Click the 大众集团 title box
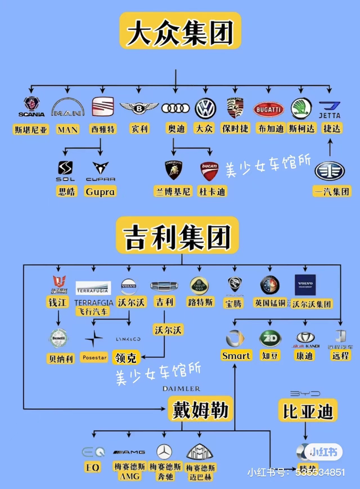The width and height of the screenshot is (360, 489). click(x=180, y=31)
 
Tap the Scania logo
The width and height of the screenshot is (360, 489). click(x=31, y=107)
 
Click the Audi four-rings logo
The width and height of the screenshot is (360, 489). click(x=175, y=108)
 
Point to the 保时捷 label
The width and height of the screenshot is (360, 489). click(x=235, y=129)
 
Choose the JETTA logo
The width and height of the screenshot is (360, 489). click(x=329, y=110)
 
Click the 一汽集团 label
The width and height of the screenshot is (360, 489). click(x=332, y=192)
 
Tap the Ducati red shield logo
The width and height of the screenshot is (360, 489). click(x=209, y=171)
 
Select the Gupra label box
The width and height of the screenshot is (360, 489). click(x=100, y=192)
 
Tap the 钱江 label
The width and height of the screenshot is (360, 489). click(x=57, y=302)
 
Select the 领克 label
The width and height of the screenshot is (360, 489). click(x=125, y=358)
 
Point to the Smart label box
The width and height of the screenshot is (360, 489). click(x=236, y=356)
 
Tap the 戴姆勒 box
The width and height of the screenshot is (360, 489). click(x=200, y=409)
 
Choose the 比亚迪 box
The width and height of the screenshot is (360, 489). click(x=308, y=411)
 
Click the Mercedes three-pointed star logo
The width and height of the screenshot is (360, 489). click(x=164, y=452)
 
